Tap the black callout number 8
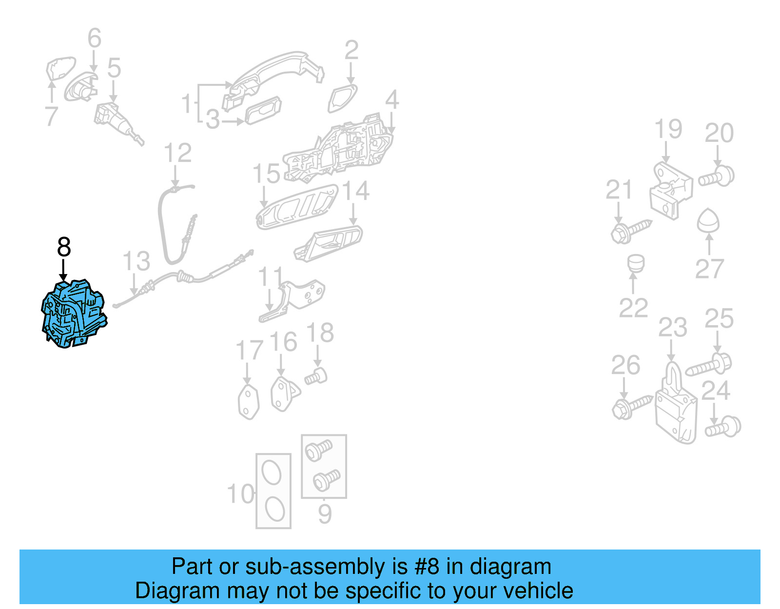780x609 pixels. tap(64, 247)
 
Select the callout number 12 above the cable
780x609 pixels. tap(177, 153)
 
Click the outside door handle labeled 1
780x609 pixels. tap(273, 73)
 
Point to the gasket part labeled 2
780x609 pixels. tap(342, 98)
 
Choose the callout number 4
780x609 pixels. tap(392, 100)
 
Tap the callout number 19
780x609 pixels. tap(667, 129)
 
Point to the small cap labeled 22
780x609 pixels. tap(636, 263)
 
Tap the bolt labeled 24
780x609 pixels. tap(723, 427)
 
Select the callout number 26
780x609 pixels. tap(625, 366)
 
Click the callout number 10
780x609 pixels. tap(241, 494)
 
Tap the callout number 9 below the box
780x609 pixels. tap(325, 514)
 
